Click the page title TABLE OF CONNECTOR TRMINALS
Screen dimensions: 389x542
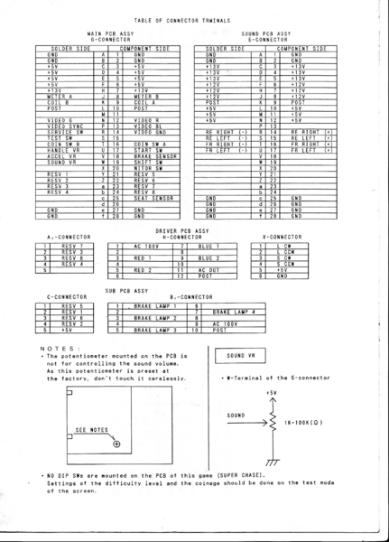point(194,18)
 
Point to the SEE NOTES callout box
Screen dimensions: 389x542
point(93,431)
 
